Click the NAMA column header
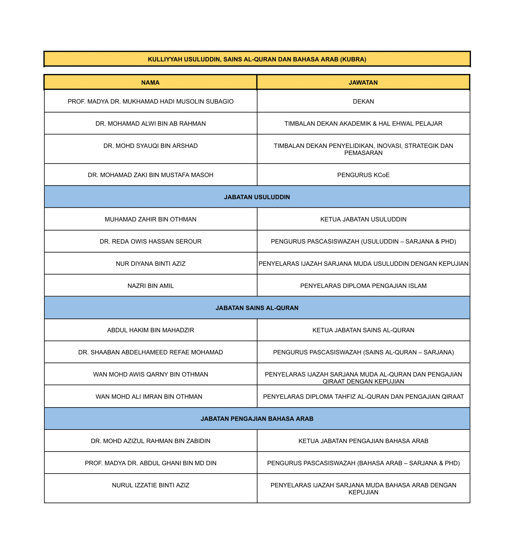[x=150, y=83]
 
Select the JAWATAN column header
[x=363, y=83]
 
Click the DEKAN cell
[x=363, y=101]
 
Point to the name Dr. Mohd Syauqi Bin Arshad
[x=150, y=146]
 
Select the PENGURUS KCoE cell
[x=363, y=175]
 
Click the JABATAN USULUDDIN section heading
[x=257, y=197]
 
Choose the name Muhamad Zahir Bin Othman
[x=150, y=219]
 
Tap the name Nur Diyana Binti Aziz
[x=150, y=263]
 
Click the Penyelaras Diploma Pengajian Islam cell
[x=363, y=286]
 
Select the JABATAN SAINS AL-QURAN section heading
[x=257, y=308]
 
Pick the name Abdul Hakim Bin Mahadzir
[x=150, y=330]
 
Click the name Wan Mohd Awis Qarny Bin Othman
[x=150, y=374]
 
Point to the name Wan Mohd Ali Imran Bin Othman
[x=149, y=396]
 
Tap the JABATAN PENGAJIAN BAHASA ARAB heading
[x=257, y=419]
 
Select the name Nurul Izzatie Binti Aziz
[x=150, y=485]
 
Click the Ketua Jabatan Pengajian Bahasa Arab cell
[x=363, y=441]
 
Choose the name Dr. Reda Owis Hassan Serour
[x=150, y=241]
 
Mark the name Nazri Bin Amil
[x=150, y=286]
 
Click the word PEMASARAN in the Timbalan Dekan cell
[x=363, y=153]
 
